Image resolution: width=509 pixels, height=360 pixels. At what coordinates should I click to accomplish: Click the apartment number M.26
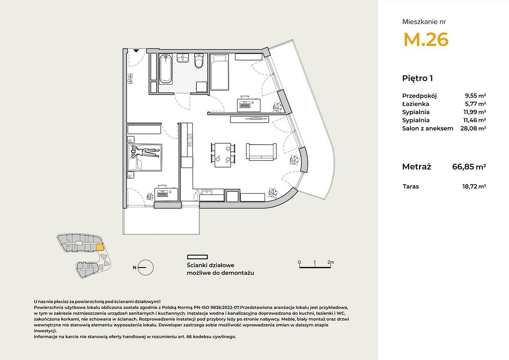[426, 39]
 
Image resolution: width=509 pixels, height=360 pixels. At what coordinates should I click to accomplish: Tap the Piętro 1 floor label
[418, 78]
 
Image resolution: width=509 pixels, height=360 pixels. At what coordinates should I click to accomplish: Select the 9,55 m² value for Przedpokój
[475, 96]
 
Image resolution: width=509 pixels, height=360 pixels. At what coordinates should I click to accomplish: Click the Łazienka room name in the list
[416, 104]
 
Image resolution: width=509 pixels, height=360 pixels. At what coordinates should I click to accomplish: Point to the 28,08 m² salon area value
[473, 128]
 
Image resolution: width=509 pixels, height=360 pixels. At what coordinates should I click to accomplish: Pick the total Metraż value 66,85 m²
[469, 167]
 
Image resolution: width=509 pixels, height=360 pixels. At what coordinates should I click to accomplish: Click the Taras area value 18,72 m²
[474, 187]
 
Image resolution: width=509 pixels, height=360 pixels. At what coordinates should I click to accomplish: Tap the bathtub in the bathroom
[165, 69]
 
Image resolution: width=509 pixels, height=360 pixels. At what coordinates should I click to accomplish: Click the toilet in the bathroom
[199, 61]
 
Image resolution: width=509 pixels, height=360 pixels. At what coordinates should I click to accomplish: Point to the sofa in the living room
[261, 152]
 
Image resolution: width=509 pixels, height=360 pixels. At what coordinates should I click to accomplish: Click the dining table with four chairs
[223, 155]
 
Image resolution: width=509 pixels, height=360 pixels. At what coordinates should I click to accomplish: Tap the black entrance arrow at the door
[136, 51]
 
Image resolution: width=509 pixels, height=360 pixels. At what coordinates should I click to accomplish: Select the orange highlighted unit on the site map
[100, 247]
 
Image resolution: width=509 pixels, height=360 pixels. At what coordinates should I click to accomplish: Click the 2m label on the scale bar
[330, 262]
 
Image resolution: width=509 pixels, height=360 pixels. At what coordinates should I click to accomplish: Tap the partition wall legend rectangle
[198, 257]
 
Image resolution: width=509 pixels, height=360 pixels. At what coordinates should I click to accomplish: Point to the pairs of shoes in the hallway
[130, 79]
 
